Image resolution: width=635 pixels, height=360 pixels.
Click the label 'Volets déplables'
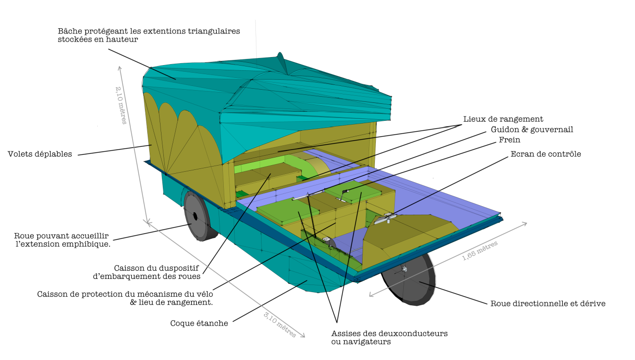click(40, 154)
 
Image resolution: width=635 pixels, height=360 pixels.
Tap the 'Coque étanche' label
click(199, 323)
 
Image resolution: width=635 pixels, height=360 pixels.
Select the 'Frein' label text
click(509, 140)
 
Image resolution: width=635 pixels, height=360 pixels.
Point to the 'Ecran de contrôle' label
click(546, 154)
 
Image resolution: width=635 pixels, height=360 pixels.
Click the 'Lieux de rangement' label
click(503, 119)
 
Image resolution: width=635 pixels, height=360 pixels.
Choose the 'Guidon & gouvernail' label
click(532, 129)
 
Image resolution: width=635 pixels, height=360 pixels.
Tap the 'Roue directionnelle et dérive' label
click(548, 304)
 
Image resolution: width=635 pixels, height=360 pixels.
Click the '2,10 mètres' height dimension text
click(121, 105)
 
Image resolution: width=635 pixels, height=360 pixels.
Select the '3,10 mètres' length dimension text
click(280, 324)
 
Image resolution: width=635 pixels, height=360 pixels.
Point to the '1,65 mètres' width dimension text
click(480, 251)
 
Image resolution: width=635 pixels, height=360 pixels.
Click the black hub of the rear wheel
click(195, 217)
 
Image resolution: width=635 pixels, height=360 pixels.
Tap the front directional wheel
click(408, 279)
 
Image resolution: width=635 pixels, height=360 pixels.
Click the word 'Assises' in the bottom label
click(346, 334)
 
